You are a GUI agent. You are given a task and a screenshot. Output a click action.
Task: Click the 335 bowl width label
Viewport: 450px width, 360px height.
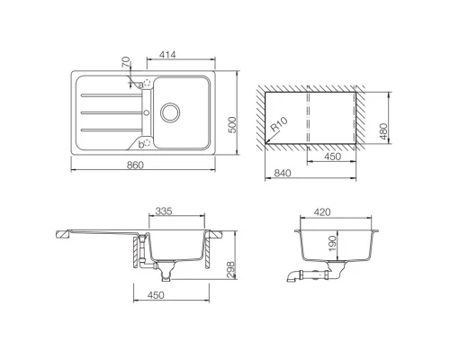click(x=163, y=211)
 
